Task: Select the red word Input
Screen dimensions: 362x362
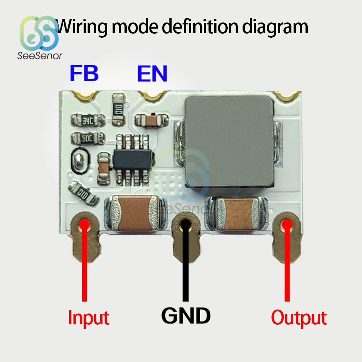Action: (89, 317)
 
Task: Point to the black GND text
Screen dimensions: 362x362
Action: (186, 316)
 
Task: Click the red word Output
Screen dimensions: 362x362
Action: (299, 317)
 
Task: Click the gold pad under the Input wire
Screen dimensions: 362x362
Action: (86, 239)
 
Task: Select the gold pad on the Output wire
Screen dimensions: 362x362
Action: (287, 239)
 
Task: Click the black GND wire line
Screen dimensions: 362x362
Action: (186, 275)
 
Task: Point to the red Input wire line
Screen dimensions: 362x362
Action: (85, 275)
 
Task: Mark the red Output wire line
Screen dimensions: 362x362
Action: (287, 275)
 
